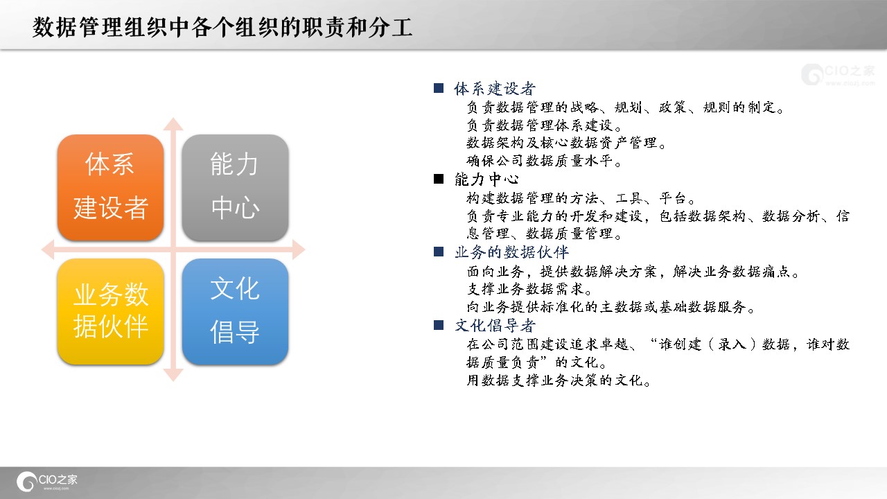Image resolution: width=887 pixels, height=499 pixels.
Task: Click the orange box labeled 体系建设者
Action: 110,187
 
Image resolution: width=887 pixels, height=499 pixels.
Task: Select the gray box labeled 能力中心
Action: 235,187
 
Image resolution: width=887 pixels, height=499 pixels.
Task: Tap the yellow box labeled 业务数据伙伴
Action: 110,311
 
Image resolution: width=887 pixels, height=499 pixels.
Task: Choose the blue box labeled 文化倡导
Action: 235,311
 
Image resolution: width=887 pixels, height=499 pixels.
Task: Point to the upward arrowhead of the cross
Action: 173,124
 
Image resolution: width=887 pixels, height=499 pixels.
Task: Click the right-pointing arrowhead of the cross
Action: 299,249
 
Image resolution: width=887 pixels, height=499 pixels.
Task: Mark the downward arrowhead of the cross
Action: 173,375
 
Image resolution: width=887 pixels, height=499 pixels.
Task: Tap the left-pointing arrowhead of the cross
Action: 48,249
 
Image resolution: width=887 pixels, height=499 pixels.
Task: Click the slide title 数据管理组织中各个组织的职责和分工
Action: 222,27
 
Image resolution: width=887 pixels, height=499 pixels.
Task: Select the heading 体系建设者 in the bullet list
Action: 495,89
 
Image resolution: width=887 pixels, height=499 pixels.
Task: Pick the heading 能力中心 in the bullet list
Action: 486,179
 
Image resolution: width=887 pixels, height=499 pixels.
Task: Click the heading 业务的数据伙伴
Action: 511,252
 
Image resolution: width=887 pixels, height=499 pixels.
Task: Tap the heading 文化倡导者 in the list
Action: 495,326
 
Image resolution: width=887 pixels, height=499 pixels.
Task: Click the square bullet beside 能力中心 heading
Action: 439,179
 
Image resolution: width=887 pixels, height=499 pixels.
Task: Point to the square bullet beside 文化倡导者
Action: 439,325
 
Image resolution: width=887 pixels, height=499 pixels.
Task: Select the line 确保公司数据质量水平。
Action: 544,161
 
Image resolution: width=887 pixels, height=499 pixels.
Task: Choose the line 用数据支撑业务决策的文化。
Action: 559,380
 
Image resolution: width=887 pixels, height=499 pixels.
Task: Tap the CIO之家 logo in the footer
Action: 46,481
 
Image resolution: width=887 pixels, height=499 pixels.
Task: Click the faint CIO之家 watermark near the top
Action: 838,74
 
